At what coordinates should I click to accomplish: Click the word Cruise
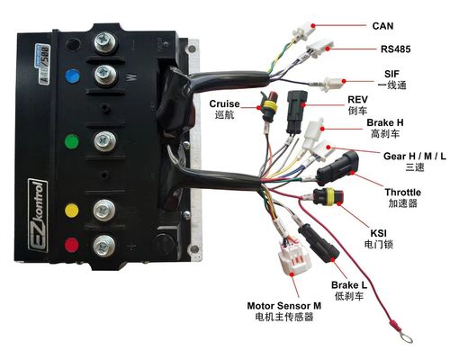(225, 103)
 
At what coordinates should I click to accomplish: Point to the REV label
(337, 101)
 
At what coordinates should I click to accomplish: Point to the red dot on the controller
(68, 241)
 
